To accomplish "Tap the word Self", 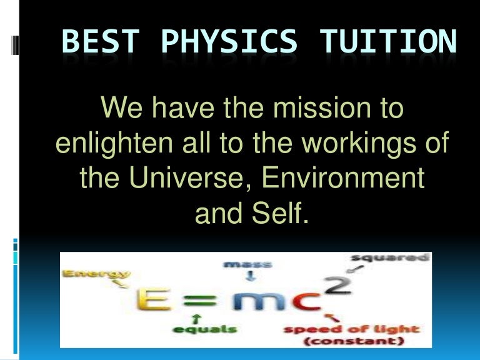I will tap(281, 214).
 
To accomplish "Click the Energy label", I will tap(96, 273).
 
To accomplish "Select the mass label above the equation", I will tap(241, 264).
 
